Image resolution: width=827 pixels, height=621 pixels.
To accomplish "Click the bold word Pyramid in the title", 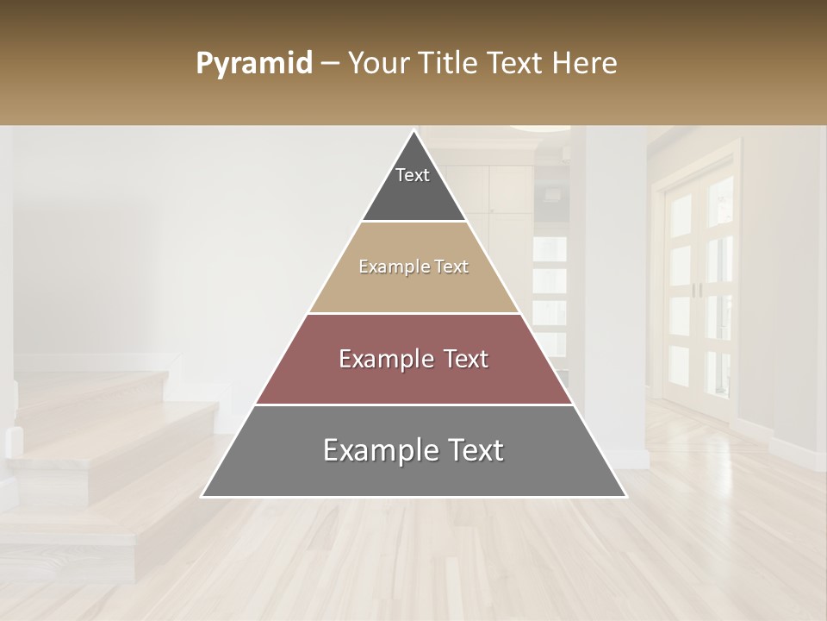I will [x=254, y=64].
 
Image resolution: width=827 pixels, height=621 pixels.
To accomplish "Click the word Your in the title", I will [x=377, y=64].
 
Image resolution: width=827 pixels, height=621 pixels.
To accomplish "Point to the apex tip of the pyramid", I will [x=414, y=132].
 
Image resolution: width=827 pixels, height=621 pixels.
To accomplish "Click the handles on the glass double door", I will [x=697, y=290].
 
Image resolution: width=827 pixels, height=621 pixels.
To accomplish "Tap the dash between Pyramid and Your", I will [x=329, y=64].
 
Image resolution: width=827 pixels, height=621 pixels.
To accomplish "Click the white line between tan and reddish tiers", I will [x=413, y=313].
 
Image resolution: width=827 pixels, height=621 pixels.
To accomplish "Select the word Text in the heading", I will [x=516, y=64].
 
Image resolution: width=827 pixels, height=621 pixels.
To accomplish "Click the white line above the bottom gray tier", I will [x=413, y=405].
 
